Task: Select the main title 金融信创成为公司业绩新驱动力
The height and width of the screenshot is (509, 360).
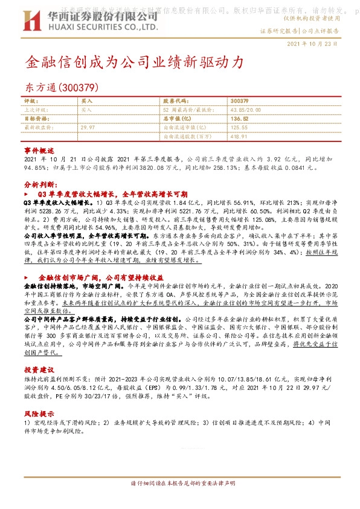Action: [x=135, y=62]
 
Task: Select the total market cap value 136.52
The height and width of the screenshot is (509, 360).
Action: [x=240, y=119]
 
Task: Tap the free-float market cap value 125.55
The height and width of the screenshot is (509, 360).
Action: [x=240, y=128]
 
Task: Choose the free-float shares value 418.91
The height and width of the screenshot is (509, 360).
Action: [x=240, y=137]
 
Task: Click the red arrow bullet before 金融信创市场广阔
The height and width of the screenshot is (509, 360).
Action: [x=27, y=276]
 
